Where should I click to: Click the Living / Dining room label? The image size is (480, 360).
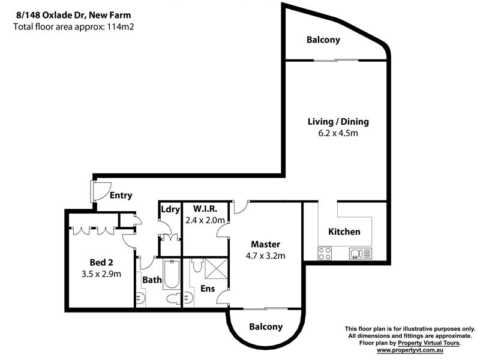pyautogui.click(x=338, y=122)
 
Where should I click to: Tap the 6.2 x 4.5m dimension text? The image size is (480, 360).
pyautogui.click(x=338, y=133)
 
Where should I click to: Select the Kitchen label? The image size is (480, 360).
pyautogui.click(x=344, y=232)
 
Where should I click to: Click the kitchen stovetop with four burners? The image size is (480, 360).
pyautogui.click(x=325, y=253)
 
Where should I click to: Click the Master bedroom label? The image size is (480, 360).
pyautogui.click(x=265, y=244)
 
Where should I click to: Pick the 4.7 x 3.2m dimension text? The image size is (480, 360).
pyautogui.click(x=265, y=256)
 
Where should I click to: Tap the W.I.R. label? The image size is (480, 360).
pyautogui.click(x=205, y=209)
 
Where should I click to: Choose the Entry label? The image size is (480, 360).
pyautogui.click(x=121, y=196)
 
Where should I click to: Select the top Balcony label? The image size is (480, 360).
pyautogui.click(x=323, y=40)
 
